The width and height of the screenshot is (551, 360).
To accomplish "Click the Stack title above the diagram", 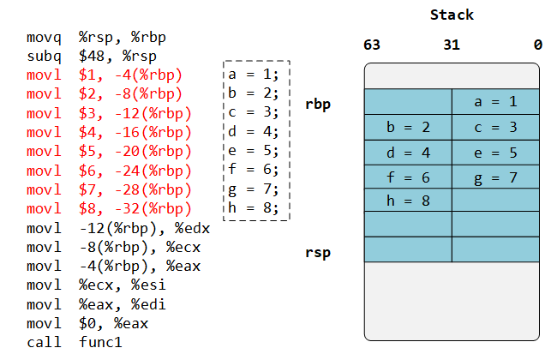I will (x=452, y=15).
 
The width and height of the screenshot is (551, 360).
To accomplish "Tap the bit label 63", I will (x=372, y=45).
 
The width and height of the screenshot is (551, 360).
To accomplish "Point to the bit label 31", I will (x=452, y=45).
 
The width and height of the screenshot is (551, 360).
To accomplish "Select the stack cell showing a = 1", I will (x=495, y=102).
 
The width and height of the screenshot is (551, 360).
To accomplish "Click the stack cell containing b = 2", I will (x=408, y=127).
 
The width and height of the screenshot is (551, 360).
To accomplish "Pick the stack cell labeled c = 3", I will (x=495, y=127).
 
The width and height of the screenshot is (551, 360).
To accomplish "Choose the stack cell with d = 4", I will (x=408, y=153).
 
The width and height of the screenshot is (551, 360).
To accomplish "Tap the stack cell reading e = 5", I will (x=495, y=153).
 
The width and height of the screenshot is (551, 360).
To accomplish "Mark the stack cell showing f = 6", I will (x=408, y=177).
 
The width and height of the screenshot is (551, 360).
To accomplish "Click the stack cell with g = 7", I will (x=495, y=177).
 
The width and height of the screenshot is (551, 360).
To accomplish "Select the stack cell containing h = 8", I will (x=408, y=201).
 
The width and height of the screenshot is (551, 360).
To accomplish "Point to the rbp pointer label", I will (x=318, y=105).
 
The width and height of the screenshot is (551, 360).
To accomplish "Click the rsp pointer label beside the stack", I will (x=318, y=252).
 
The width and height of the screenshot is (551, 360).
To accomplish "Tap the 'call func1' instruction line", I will (x=75, y=342).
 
